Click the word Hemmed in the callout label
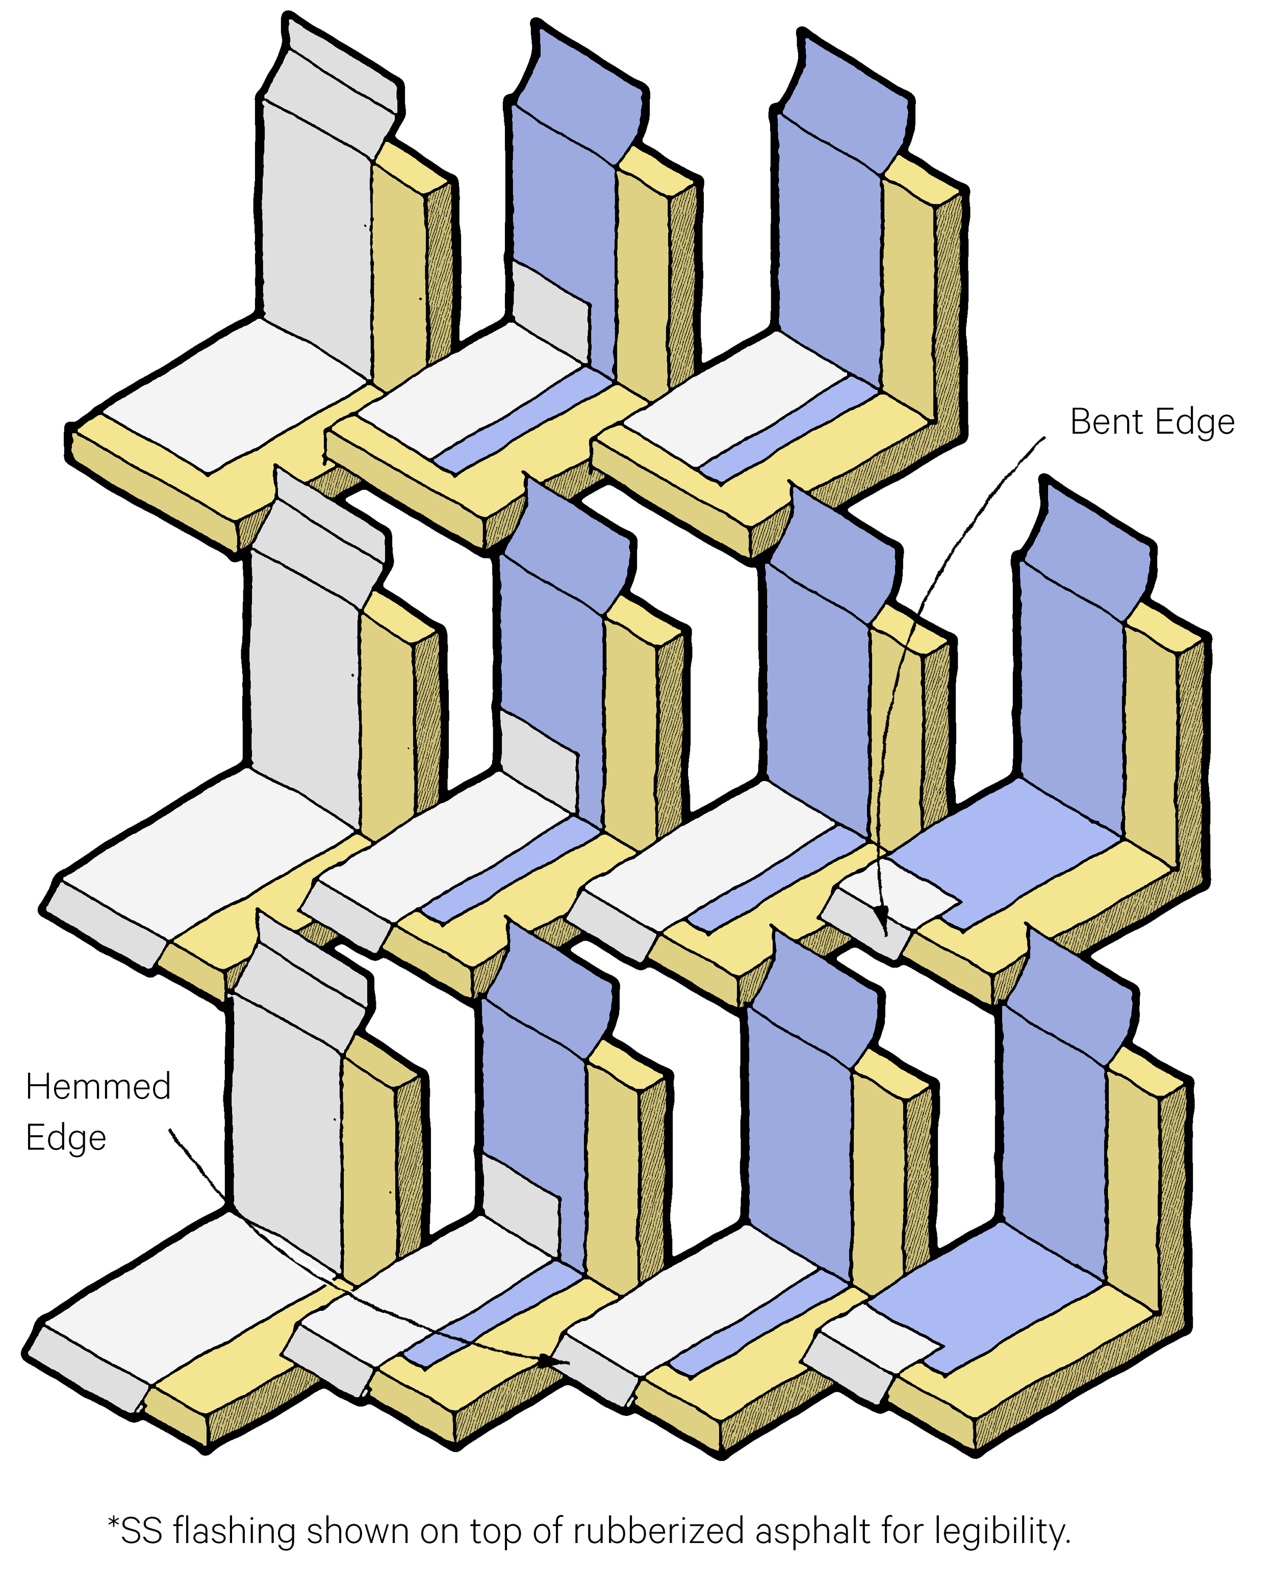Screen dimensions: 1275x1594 (x=97, y=1087)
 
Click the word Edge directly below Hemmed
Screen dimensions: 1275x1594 (x=66, y=1138)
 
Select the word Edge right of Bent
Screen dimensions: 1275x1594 (x=1194, y=422)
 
